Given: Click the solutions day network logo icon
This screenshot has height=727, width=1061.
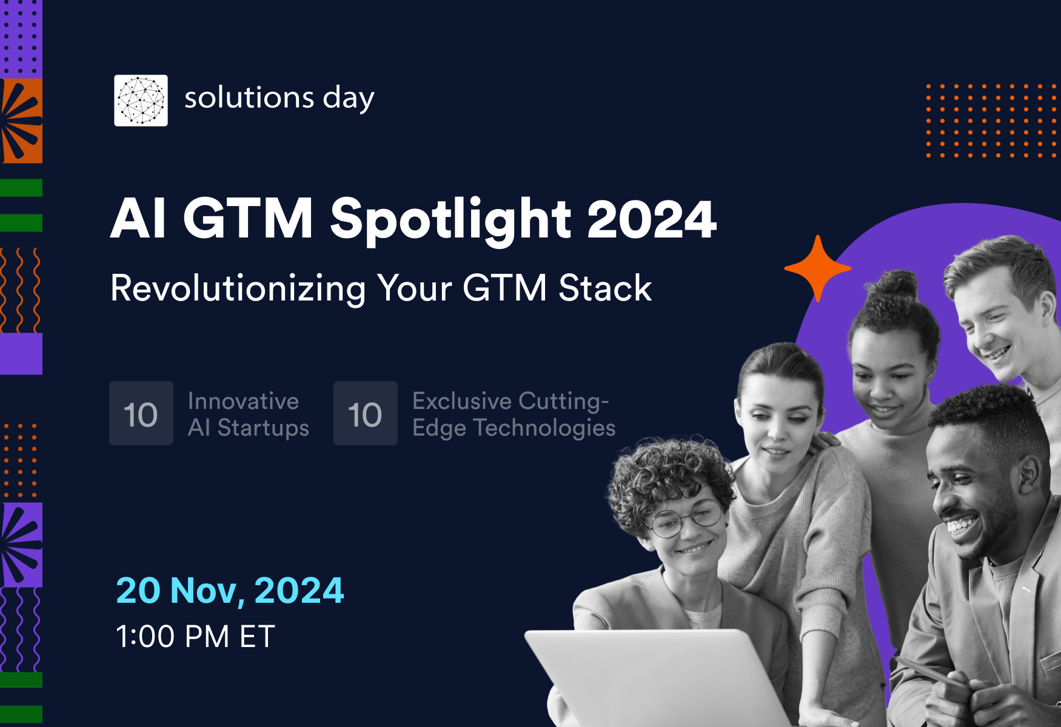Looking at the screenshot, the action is (x=141, y=101).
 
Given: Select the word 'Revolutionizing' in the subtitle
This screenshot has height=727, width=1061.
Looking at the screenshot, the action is (x=238, y=288).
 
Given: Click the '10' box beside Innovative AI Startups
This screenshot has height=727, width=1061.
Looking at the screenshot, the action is (x=141, y=413).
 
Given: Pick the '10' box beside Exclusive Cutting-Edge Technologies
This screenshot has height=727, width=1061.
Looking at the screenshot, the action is (x=366, y=413).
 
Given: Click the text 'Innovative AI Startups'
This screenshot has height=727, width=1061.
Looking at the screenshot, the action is (x=249, y=414).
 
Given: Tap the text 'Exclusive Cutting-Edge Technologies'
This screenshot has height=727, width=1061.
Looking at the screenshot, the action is (x=514, y=414).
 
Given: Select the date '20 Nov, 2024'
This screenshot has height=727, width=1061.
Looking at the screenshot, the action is (x=230, y=591).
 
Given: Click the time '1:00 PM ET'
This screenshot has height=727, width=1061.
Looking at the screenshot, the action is (x=195, y=637).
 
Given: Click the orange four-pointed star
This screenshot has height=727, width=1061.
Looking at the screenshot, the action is (x=818, y=268).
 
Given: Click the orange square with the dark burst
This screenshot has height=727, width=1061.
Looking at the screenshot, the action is (x=21, y=121).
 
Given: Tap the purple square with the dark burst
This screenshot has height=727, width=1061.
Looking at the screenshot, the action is (x=21, y=545).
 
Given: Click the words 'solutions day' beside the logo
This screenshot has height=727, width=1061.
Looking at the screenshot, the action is (x=279, y=99).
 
